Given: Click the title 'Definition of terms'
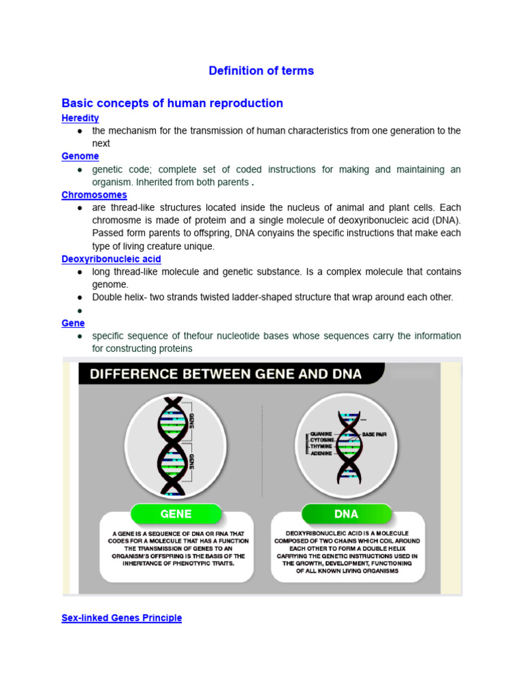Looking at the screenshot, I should point(261,71).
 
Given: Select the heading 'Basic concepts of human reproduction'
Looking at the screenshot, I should point(172,103).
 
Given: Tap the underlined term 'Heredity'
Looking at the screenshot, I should point(80,118).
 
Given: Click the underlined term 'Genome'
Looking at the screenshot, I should point(80,156).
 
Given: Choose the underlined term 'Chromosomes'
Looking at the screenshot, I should point(94,195).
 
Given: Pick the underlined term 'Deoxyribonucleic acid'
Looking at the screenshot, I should point(111,259).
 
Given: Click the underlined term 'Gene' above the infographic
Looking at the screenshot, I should point(72,322).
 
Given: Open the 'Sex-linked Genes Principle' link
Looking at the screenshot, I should point(122,618).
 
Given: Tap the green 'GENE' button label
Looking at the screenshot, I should point(176,514).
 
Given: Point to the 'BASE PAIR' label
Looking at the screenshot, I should point(374,434).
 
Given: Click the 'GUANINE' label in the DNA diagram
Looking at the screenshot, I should point(321,434).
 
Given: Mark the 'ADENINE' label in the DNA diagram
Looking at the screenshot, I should point(321,453).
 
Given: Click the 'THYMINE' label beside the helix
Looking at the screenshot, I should point(321,446).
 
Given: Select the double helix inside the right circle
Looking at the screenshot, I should point(348,446).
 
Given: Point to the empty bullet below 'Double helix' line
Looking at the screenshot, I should point(80,310).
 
